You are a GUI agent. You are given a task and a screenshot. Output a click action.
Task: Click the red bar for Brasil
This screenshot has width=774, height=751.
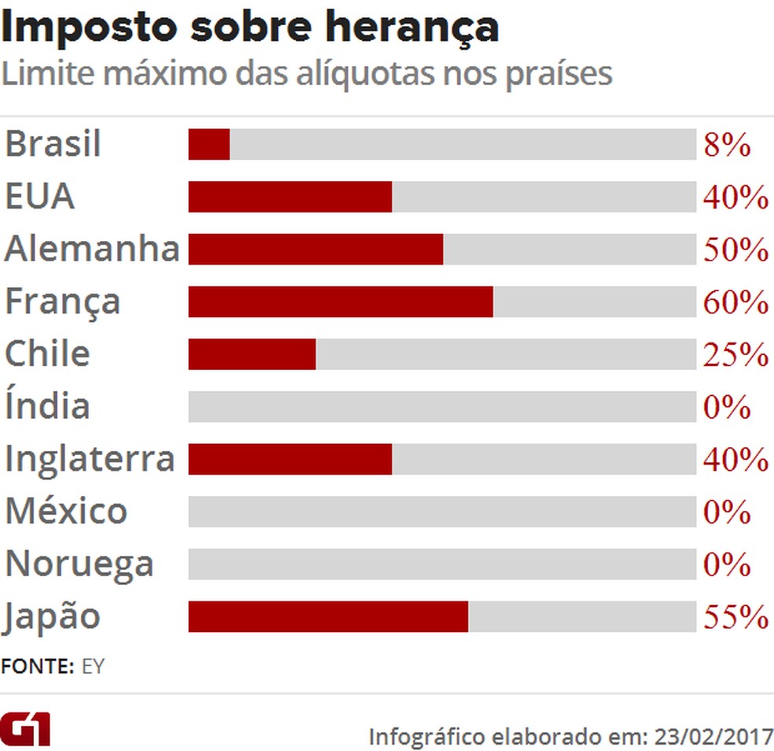pos(208,145)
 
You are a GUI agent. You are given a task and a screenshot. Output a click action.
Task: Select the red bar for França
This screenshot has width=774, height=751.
pos(340,302)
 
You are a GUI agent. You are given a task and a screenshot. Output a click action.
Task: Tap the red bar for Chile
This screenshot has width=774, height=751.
pos(252,354)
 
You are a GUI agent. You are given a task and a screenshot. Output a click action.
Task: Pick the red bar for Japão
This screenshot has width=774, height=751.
pos(327,616)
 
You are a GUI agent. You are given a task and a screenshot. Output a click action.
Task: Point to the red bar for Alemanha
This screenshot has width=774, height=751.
pos(315,250)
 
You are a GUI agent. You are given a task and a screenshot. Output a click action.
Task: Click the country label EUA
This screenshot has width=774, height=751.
pos(39,197)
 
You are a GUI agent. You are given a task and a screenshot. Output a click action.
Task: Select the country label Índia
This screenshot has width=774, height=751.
pos(47,406)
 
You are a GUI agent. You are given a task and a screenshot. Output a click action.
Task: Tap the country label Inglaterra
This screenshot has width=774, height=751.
pos(89,459)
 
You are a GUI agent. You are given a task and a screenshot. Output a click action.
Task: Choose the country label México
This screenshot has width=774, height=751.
pos(66,512)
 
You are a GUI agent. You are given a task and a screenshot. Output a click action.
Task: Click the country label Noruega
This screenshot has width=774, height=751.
pos(79,564)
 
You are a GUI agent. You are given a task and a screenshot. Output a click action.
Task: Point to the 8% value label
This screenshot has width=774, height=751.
pos(727,146)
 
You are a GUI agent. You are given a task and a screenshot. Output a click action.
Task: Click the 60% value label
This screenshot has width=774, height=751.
pos(735,303)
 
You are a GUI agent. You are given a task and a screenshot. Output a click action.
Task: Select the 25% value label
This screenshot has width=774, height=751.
pos(735,355)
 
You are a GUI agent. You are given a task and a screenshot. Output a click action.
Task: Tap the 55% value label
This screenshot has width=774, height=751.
pos(735,617)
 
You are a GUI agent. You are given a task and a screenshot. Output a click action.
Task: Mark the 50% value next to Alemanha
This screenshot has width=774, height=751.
pos(735,250)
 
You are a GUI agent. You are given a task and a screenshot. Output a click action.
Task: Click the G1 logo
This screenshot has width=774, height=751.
pos(25,729)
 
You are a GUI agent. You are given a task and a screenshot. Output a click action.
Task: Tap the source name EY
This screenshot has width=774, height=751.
pos(93,666)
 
